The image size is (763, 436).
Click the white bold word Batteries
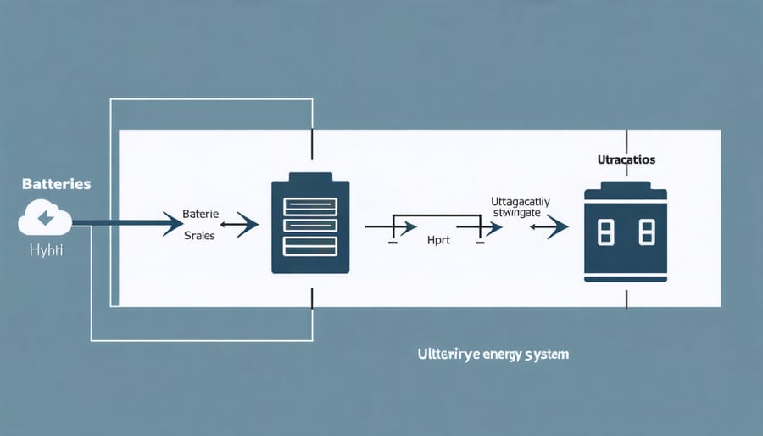[46, 183]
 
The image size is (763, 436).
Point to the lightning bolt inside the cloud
[44, 219]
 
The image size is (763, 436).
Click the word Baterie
[200, 214]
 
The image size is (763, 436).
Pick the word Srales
[199, 236]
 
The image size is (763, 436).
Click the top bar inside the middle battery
[309, 205]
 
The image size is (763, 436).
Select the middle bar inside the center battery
[309, 226]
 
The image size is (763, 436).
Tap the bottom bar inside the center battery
[309, 247]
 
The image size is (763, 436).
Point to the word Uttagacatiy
[519, 201]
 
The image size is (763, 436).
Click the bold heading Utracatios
[627, 159]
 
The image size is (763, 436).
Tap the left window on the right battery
[605, 232]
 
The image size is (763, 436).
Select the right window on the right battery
[647, 232]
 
